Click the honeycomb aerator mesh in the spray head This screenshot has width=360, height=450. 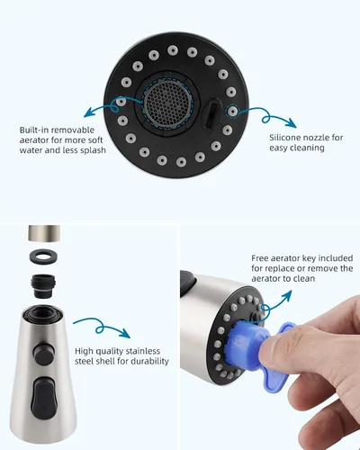pos(166,103)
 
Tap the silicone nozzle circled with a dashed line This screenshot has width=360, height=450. pos(232,112)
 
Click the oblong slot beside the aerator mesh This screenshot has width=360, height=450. pos(211,114)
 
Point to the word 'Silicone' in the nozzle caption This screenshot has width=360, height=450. pos(285,138)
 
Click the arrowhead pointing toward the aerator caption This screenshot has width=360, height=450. pos(87,113)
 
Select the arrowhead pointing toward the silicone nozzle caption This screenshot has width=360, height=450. pos(292,122)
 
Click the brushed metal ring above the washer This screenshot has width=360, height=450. pos(44,233)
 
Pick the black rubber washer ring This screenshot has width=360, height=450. pos(44,256)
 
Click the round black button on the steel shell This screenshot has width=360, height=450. pos(44,355)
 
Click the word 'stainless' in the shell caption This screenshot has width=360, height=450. pos(143,351)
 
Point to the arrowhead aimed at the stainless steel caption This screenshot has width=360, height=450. pos(126,333)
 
